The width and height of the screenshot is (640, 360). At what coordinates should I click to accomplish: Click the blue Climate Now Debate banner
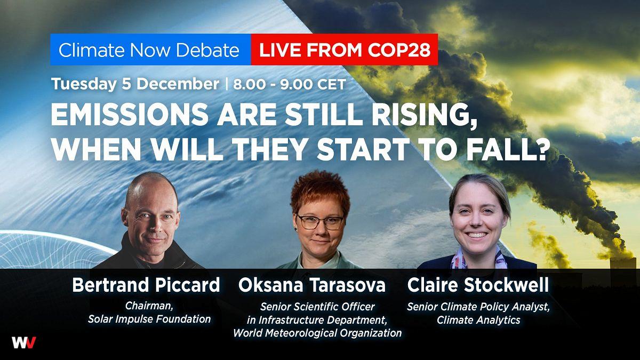(150, 50)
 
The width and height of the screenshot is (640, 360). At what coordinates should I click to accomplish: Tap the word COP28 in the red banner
(399, 50)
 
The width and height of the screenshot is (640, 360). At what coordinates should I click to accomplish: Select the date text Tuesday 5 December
(135, 84)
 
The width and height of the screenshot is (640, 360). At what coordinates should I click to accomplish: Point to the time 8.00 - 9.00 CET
(290, 85)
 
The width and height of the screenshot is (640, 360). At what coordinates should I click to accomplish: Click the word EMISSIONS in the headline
(130, 114)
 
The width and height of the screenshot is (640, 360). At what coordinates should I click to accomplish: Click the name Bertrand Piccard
(146, 285)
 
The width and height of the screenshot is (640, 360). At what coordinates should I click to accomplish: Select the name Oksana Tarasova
(312, 285)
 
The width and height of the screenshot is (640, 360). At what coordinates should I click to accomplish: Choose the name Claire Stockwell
(478, 285)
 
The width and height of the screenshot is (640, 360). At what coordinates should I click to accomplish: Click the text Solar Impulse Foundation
(149, 319)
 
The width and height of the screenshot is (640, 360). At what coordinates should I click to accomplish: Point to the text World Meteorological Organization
(317, 333)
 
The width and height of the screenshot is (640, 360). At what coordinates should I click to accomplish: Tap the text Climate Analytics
(478, 320)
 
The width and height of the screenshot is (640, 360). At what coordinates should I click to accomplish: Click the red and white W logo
(23, 342)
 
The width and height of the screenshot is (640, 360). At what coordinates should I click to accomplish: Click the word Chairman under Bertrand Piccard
(149, 306)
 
